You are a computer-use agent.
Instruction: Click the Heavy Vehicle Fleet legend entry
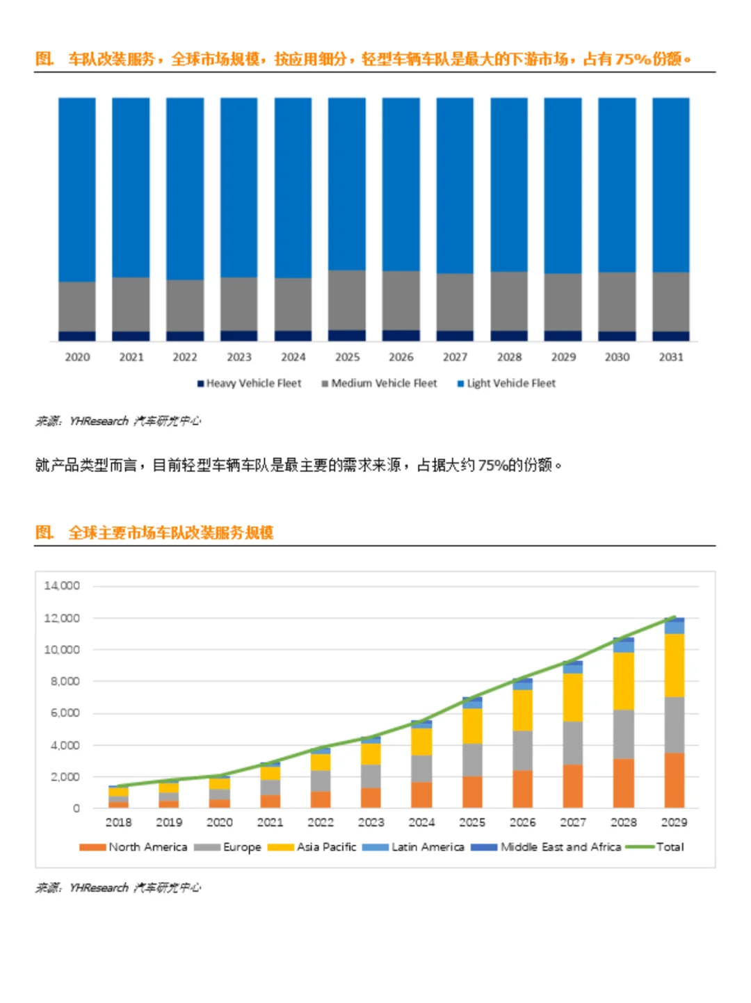(250, 383)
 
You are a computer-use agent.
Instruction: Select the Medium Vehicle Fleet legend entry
(380, 383)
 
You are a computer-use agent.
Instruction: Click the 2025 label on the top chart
(347, 357)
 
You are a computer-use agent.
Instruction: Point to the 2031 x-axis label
(671, 357)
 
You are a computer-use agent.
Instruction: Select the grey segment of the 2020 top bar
(77, 306)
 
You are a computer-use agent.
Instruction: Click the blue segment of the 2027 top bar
(455, 185)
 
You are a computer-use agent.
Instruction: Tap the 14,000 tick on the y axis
(62, 586)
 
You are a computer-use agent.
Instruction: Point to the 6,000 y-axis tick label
(65, 713)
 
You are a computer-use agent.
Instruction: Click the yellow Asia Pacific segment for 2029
(674, 664)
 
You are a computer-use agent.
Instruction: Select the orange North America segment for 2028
(623, 783)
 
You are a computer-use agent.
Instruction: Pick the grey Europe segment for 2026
(522, 750)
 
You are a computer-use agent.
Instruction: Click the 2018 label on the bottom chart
(118, 822)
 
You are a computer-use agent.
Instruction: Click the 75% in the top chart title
(632, 59)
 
